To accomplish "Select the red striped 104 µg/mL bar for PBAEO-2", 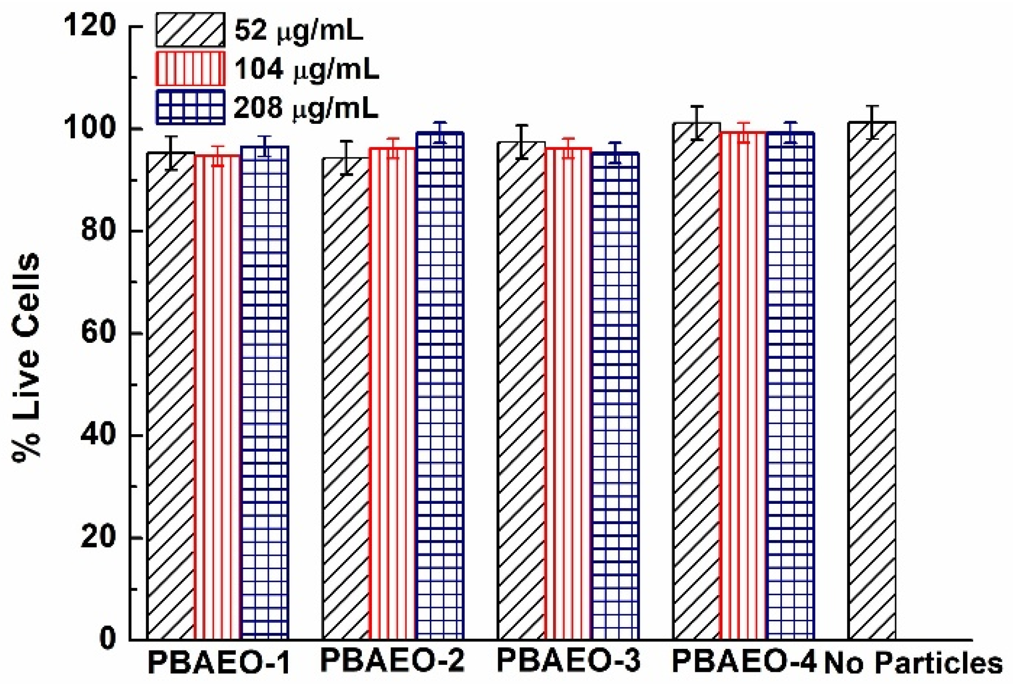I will coord(393,393).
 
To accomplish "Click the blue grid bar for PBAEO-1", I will coord(265,393).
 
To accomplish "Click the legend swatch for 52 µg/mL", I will coord(190,30).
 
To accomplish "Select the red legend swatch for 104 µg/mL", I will coord(190,69).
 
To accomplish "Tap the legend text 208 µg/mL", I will coord(306,108).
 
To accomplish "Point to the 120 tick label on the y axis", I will coord(89,26).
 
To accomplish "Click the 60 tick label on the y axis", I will coord(98,333).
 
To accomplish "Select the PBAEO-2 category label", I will coord(393,661).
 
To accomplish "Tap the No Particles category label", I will coord(913,663).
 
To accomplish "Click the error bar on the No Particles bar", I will coord(872,122).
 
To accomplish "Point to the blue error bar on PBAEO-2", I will coord(440,132).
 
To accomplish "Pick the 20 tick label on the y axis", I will coord(98,537).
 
